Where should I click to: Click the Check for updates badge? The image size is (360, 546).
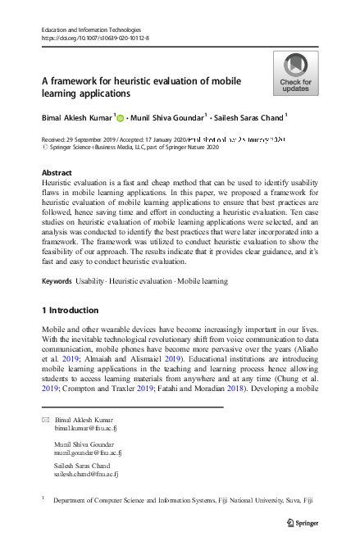(295, 73)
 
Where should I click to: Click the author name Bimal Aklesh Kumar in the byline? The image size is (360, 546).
(78, 118)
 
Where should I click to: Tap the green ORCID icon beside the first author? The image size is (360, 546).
(121, 119)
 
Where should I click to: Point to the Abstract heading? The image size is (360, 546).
(57, 173)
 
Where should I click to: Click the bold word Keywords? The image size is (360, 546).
(57, 281)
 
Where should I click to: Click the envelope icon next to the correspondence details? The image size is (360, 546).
(45, 420)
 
